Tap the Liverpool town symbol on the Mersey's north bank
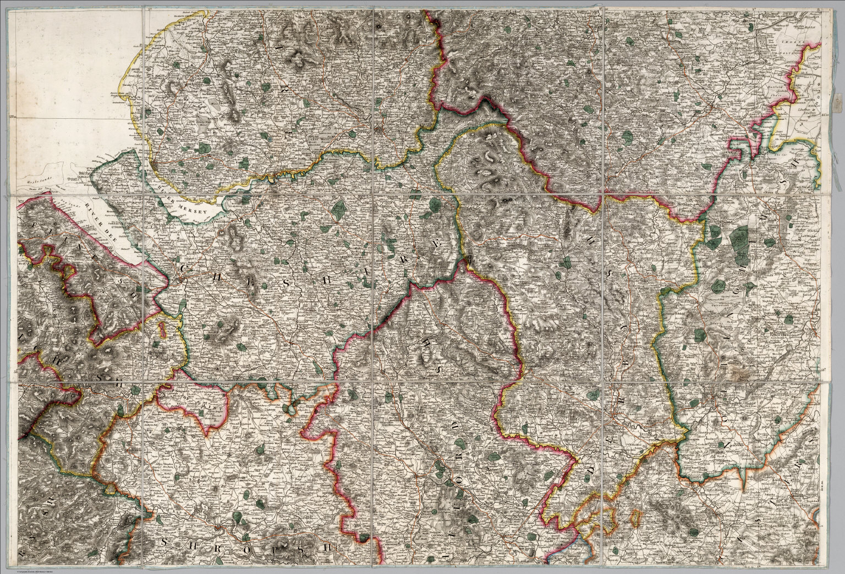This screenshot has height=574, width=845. (x=156, y=165)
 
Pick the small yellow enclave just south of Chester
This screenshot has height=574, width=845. (x=163, y=330)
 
